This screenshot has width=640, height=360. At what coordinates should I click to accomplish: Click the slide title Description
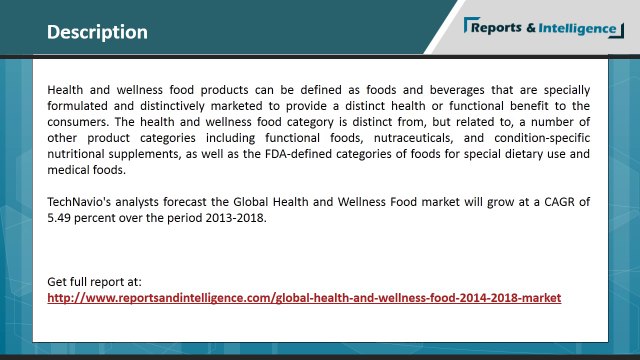pyautogui.click(x=97, y=32)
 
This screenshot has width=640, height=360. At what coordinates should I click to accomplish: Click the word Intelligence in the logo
pyautogui.click(x=575, y=27)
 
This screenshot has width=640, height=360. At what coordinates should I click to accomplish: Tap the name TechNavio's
pyautogui.click(x=84, y=201)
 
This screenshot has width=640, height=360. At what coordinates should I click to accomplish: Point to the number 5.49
pyautogui.click(x=61, y=217)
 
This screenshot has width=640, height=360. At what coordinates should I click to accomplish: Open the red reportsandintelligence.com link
pyautogui.click(x=304, y=297)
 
